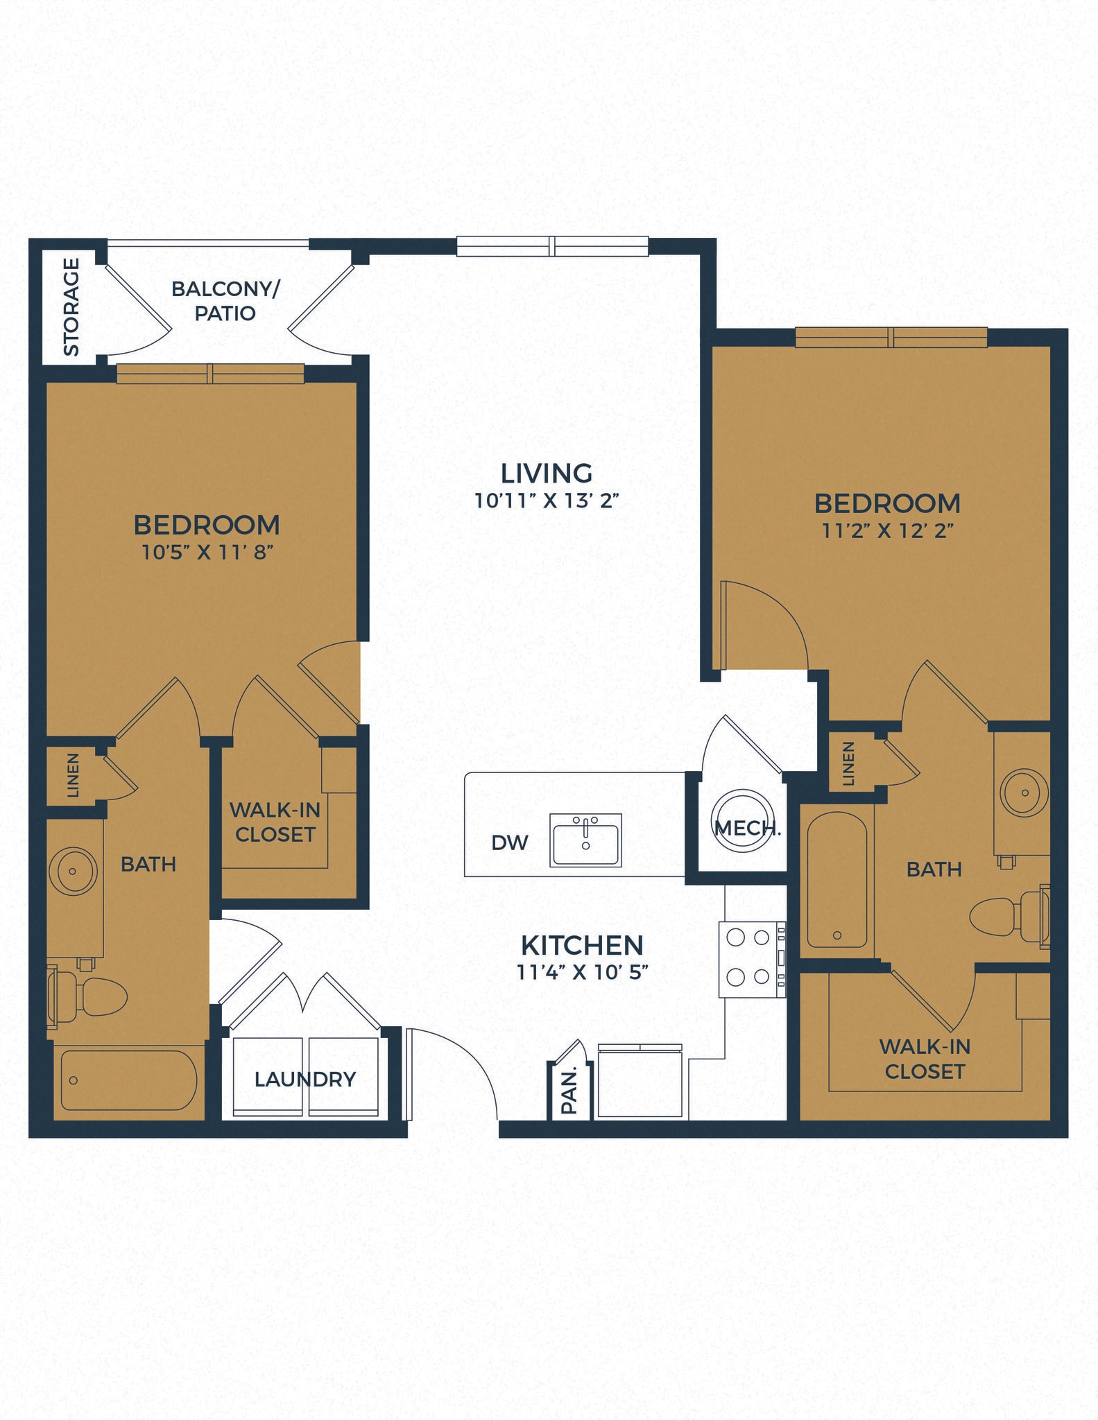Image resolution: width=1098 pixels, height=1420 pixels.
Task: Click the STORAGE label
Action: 71,306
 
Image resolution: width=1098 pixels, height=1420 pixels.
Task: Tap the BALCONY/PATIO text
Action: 225,301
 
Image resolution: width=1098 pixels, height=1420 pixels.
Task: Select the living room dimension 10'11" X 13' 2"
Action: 546,501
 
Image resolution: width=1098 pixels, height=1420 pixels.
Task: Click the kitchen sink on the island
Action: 585,840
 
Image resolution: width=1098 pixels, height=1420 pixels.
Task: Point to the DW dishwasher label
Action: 510,842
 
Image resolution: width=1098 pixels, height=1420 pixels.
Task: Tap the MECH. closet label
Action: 747,828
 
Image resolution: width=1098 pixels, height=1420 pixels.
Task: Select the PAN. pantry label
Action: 569,1093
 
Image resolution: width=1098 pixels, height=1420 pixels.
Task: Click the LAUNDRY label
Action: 305,1079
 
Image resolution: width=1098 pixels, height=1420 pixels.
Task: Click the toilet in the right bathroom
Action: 1006,917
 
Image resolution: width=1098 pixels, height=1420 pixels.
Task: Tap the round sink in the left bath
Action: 73,871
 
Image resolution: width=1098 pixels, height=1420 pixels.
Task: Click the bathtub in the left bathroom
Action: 128,1080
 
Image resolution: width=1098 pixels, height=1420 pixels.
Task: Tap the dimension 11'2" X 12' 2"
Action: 888,531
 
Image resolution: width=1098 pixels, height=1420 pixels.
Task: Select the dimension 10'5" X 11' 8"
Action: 207,553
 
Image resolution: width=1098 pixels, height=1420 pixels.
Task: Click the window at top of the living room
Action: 552,246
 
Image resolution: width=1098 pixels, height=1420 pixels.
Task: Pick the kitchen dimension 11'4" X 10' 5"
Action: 582,972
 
